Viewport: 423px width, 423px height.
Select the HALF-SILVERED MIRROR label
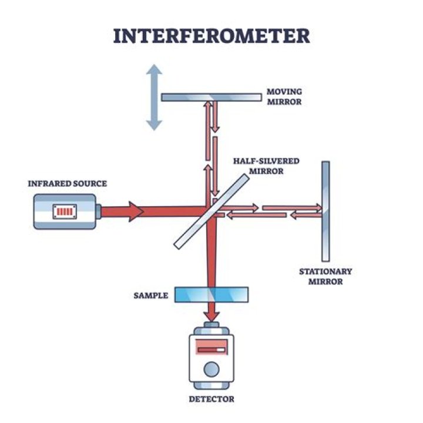266,166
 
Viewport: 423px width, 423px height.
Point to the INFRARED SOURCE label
68,184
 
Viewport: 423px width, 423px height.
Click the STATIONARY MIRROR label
325,276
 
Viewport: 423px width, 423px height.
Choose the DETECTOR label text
211,399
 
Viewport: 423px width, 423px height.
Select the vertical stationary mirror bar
325,211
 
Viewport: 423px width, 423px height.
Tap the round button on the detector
211,369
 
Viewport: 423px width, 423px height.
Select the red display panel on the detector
211,349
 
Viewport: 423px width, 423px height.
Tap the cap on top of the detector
211,327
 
